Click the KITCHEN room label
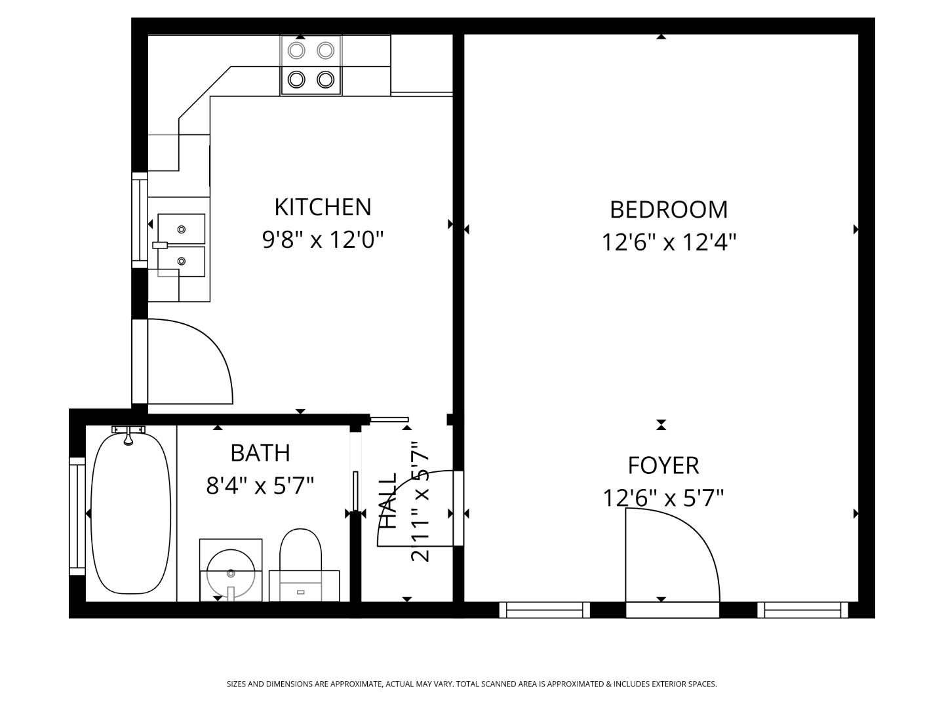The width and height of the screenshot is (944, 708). click(323, 207)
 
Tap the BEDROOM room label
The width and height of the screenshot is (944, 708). click(668, 210)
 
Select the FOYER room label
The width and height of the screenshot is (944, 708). click(663, 465)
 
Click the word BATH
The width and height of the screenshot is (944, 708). click(260, 453)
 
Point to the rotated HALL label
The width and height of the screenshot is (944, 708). click(389, 501)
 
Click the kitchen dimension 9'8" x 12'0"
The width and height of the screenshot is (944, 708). click(323, 240)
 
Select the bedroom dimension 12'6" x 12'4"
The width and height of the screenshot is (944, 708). click(669, 243)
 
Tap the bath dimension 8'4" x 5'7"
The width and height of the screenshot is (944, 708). click(260, 486)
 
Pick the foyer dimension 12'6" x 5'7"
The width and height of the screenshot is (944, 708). click(663, 499)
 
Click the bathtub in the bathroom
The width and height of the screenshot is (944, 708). click(130, 515)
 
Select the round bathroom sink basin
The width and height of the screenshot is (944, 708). click(230, 573)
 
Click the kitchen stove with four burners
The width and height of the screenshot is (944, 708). click(311, 65)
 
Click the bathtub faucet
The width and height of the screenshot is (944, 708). click(128, 433)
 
